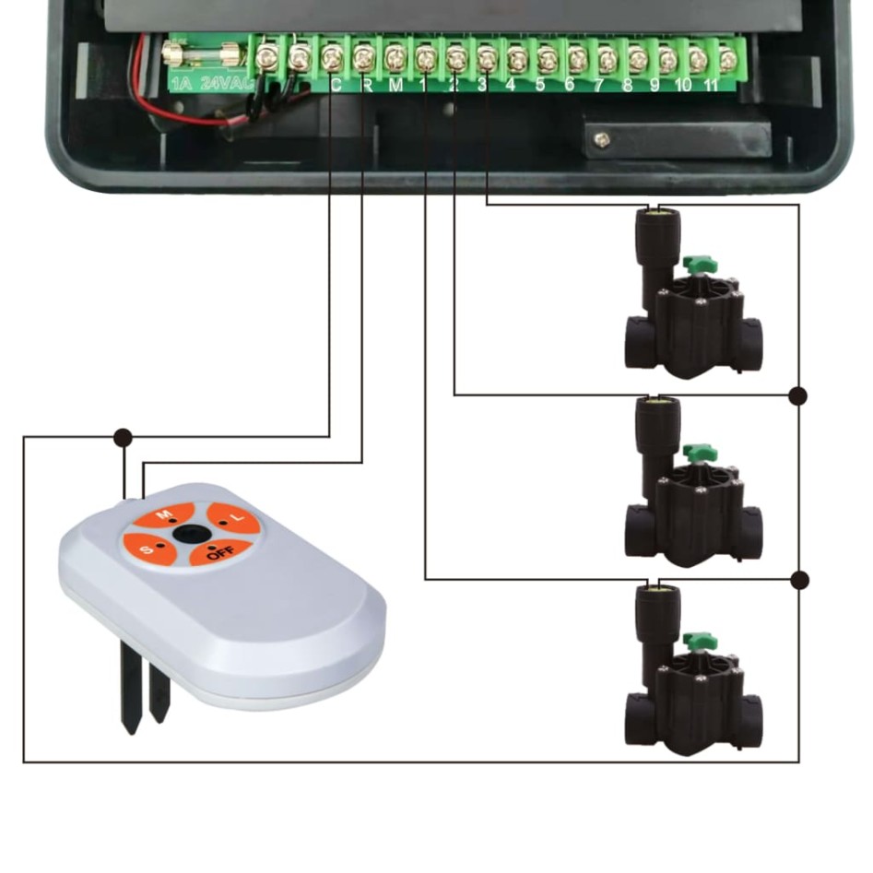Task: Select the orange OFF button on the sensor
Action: (218, 552)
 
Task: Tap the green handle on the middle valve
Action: (700, 452)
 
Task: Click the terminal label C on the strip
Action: (335, 86)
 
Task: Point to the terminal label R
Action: (366, 86)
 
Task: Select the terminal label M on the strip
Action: (395, 86)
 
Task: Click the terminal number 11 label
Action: (711, 86)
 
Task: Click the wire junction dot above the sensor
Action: (122, 436)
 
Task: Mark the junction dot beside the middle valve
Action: (798, 395)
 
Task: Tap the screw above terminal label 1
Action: (425, 60)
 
